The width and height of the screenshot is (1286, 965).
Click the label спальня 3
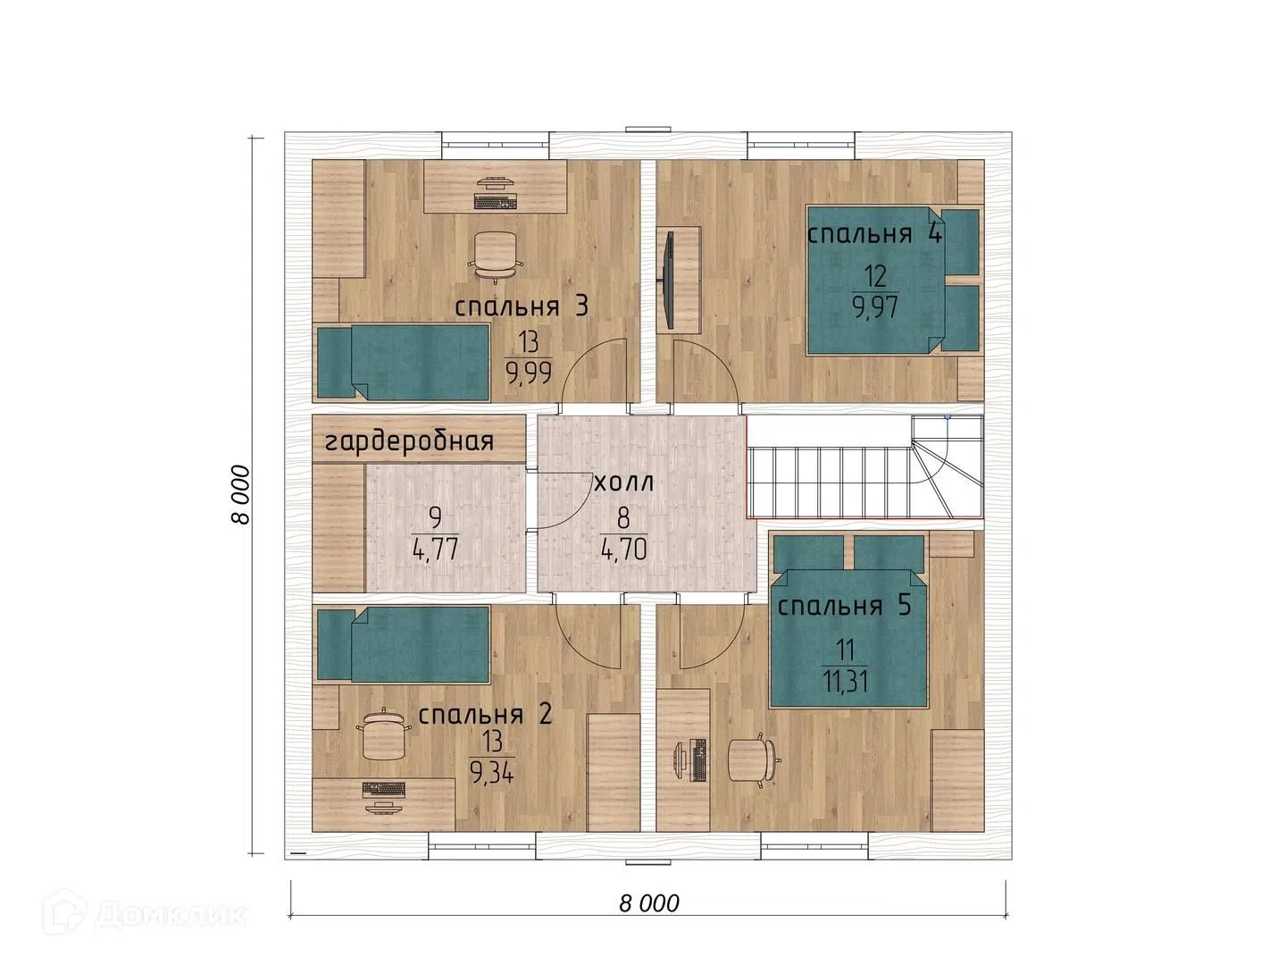[521, 307]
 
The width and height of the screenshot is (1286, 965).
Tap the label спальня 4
[874, 234]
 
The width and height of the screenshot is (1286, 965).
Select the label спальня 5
[844, 605]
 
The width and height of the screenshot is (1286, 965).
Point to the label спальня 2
[485, 714]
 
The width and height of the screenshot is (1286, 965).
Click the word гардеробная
[409, 441]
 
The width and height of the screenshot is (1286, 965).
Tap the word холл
[624, 482]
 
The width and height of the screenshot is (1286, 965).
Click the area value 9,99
[529, 373]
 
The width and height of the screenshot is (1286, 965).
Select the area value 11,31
[845, 682]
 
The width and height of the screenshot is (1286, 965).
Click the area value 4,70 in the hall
[623, 549]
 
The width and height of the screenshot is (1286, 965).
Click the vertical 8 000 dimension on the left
[240, 494]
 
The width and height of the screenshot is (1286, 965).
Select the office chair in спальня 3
[496, 256]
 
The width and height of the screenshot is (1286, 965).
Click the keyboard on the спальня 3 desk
[495, 202]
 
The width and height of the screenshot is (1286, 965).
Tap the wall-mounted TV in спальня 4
[669, 280]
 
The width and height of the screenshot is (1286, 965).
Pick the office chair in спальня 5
[754, 759]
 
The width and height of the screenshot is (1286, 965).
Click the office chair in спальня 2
[382, 734]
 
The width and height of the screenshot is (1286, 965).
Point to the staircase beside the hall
[864, 467]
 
